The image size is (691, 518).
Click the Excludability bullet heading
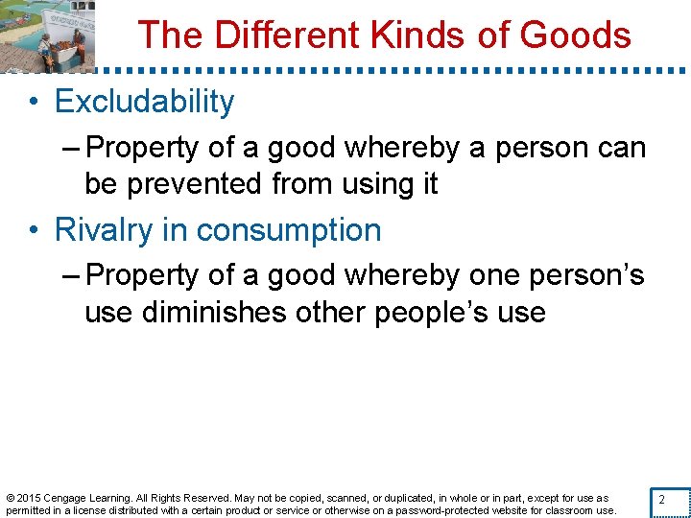[x=144, y=102]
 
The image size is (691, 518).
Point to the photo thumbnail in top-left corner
[x=48, y=35]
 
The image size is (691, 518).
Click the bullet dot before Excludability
[x=34, y=103]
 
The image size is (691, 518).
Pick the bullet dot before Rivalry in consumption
[x=34, y=231]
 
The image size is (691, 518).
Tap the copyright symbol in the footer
[x=10, y=498]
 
